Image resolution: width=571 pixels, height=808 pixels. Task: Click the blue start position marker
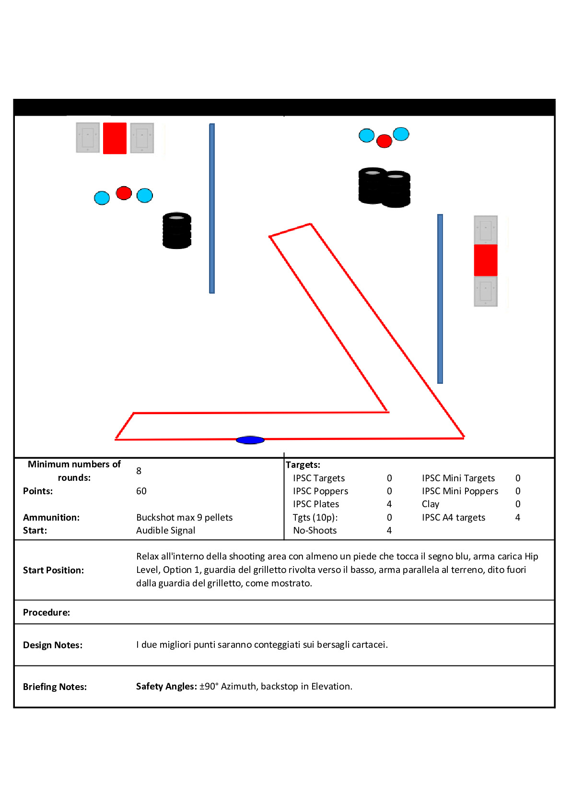pyautogui.click(x=250, y=440)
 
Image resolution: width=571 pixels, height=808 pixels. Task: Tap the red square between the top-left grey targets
pyautogui.click(x=115, y=138)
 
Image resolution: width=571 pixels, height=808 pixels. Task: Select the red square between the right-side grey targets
pyautogui.click(x=485, y=260)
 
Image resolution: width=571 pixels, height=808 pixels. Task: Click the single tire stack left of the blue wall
pyautogui.click(x=177, y=230)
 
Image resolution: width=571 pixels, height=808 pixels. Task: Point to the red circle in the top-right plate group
pyautogui.click(x=384, y=141)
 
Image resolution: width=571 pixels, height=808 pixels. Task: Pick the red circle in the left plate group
pyautogui.click(x=124, y=193)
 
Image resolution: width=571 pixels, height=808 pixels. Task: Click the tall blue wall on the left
pyautogui.click(x=212, y=208)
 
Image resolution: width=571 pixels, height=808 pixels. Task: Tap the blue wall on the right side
pyautogui.click(x=440, y=298)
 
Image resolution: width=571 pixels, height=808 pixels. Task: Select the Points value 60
pyautogui.click(x=141, y=491)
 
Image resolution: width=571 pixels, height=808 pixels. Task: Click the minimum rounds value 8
pyautogui.click(x=139, y=471)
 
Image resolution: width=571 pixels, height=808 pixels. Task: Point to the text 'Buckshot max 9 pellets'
pyautogui.click(x=184, y=517)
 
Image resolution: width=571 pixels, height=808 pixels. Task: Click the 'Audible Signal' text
pyautogui.click(x=165, y=530)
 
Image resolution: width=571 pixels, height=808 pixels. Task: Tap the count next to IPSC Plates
pyautogui.click(x=389, y=504)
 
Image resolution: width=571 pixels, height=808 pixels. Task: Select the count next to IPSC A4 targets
pyautogui.click(x=517, y=517)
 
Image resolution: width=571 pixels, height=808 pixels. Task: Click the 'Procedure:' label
pyautogui.click(x=47, y=612)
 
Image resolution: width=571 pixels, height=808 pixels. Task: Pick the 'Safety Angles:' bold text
pyautogui.click(x=166, y=686)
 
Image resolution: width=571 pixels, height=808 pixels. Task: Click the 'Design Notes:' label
pyautogui.click(x=53, y=645)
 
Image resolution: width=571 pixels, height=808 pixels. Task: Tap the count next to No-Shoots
pyautogui.click(x=389, y=530)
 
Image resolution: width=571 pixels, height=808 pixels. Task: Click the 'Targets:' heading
pyautogui.click(x=303, y=464)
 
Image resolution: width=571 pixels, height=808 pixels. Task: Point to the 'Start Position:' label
pyautogui.click(x=53, y=570)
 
